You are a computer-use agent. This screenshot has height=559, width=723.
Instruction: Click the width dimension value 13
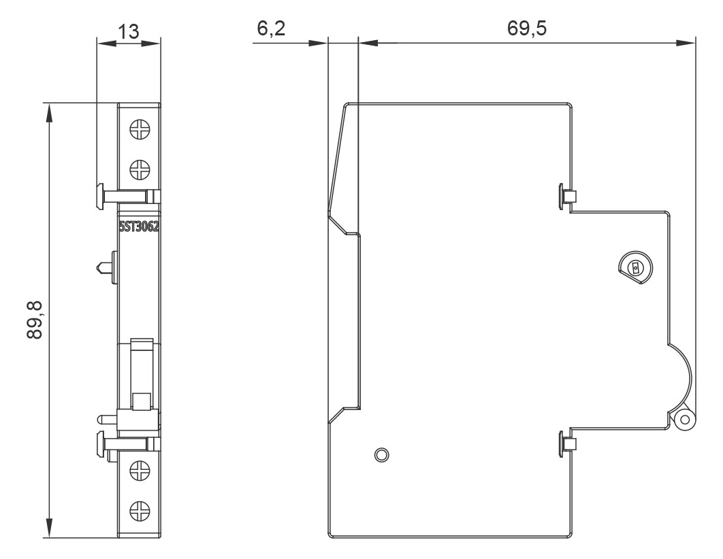click(129, 31)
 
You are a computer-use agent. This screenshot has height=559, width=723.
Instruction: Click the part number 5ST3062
click(139, 228)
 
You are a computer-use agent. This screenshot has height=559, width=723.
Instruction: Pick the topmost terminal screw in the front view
click(140, 129)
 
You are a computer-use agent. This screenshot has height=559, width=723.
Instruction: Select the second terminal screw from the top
click(140, 167)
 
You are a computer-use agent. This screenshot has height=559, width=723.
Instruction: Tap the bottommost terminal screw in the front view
click(140, 507)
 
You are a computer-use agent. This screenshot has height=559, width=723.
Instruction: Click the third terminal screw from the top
click(140, 470)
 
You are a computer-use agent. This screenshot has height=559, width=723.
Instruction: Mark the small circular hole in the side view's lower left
click(381, 454)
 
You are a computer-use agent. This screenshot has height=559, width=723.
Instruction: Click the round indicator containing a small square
click(634, 268)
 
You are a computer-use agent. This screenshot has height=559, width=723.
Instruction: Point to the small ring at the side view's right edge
click(684, 420)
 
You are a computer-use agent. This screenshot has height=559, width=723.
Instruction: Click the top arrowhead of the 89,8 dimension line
click(49, 111)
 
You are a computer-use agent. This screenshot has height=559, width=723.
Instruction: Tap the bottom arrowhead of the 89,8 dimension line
click(49, 530)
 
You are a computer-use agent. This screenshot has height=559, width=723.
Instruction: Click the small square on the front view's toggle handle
click(142, 401)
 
